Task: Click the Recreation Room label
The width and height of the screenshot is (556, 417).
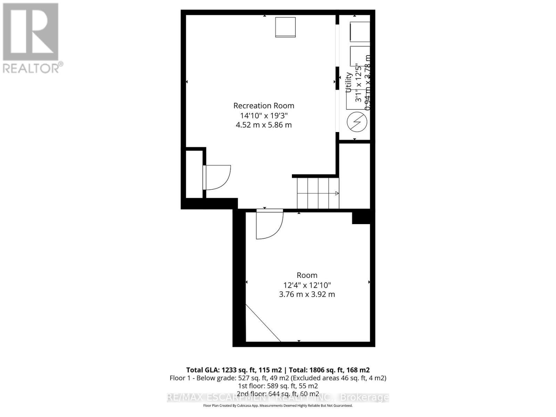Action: point(264,106)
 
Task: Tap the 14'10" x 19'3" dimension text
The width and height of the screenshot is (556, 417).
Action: point(264,115)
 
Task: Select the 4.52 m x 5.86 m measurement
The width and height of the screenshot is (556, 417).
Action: point(264,125)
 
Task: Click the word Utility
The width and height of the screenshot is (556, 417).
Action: point(349,82)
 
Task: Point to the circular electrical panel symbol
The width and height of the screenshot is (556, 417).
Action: point(357,122)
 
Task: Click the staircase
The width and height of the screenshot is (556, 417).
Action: point(318,193)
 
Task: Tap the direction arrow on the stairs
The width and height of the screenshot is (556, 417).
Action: point(336,194)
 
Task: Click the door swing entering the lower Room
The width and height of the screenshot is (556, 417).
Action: point(269,225)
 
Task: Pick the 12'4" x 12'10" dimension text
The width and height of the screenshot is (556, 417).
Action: point(307,285)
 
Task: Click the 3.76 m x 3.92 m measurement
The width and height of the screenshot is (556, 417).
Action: point(307,294)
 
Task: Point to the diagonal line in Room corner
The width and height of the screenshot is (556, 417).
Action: point(263,323)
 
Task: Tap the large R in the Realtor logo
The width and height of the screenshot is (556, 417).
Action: point(31,32)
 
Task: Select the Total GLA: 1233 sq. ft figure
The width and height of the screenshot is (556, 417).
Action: point(234,370)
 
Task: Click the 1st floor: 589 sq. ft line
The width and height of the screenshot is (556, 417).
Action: point(278,386)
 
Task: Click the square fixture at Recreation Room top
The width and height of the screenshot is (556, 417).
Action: point(285,27)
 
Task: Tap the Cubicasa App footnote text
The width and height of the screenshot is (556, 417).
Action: point(278,406)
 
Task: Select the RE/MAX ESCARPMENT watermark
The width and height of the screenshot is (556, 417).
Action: point(278,398)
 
